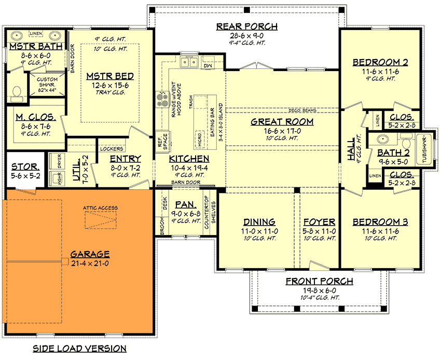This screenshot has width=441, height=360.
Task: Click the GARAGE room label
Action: (x=90, y=254)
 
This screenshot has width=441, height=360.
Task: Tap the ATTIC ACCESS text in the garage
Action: (x=100, y=208)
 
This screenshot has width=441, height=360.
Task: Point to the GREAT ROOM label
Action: (x=282, y=122)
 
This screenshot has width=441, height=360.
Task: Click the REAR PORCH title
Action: (x=247, y=26)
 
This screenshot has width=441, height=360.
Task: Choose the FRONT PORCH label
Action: (x=320, y=282)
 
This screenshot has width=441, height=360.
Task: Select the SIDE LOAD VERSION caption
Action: (x=79, y=348)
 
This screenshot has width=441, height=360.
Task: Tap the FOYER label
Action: (x=319, y=222)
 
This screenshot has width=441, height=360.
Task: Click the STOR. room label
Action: (x=24, y=167)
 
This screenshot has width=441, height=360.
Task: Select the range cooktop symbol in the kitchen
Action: (x=159, y=99)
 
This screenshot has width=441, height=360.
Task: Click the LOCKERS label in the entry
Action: (x=111, y=148)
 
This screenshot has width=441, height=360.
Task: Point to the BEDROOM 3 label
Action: (x=380, y=222)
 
